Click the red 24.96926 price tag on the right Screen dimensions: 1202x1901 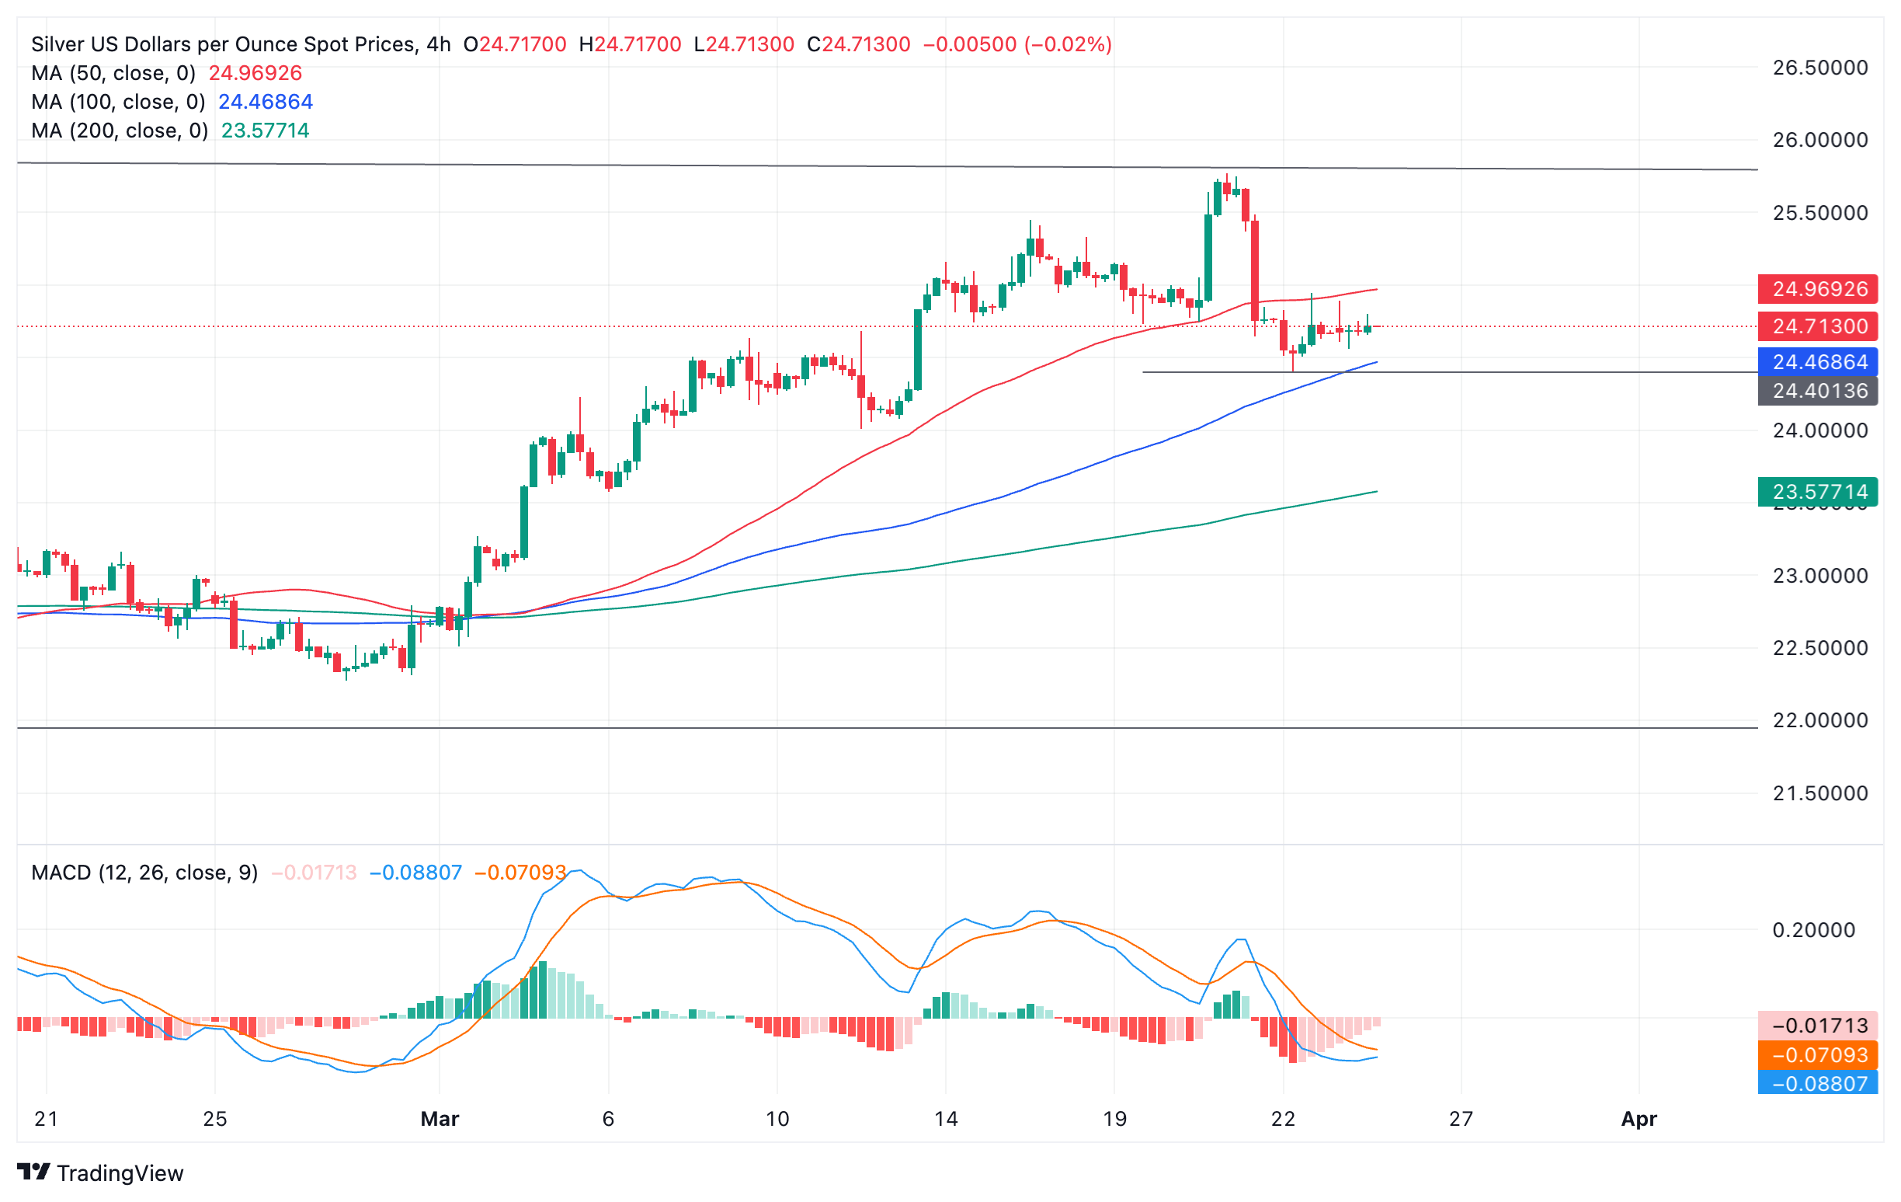click(x=1817, y=289)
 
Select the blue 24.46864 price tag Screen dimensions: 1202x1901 click(x=1817, y=362)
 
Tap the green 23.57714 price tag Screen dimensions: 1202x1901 click(x=1817, y=492)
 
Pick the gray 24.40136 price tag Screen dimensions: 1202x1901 click(x=1817, y=391)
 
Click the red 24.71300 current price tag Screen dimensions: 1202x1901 click(x=1817, y=326)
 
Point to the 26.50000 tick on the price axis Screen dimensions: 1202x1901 click(x=1819, y=68)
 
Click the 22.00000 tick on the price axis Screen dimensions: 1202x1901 click(x=1819, y=720)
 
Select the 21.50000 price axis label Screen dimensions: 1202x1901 click(x=1819, y=793)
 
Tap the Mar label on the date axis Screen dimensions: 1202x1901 click(x=440, y=1118)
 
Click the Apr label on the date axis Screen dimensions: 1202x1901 click(x=1638, y=1118)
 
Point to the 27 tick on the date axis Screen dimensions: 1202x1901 click(x=1461, y=1118)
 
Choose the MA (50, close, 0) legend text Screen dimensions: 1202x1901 click(x=113, y=74)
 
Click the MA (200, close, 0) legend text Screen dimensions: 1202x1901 click(x=120, y=131)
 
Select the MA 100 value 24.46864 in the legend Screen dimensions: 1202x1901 click(x=266, y=102)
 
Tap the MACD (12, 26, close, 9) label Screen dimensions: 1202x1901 click(x=144, y=873)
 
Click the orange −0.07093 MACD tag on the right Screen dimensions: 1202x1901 click(x=1817, y=1055)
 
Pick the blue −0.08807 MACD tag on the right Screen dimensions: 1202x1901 click(x=1817, y=1084)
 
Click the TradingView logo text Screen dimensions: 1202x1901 click(x=120, y=1173)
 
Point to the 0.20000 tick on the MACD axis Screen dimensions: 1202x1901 click(x=1813, y=930)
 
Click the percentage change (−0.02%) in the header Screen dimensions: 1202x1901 click(x=1068, y=44)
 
